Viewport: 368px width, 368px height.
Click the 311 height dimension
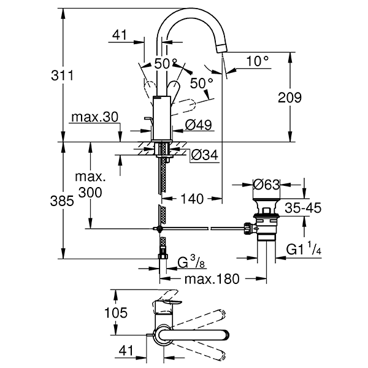click(62, 75)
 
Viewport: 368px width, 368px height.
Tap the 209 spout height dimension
click(289, 98)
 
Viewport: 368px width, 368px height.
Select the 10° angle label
click(258, 61)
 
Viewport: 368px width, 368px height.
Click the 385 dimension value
click(62, 201)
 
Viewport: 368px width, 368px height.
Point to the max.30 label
click(95, 117)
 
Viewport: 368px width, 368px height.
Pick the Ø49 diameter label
click(198, 125)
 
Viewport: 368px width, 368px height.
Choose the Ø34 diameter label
click(205, 155)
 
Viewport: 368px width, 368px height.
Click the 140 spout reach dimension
click(192, 199)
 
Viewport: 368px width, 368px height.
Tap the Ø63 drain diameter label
click(267, 185)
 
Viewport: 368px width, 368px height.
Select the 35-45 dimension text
click(303, 208)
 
